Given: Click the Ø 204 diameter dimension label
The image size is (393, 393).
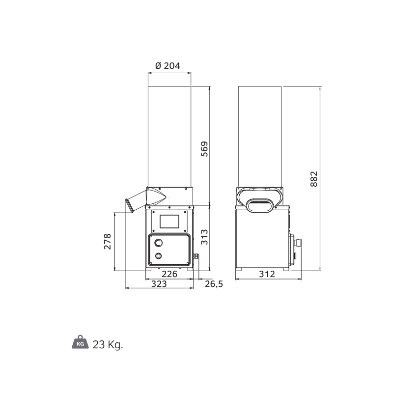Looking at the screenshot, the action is click(x=168, y=66).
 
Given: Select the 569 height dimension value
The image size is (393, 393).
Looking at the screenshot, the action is click(x=204, y=149).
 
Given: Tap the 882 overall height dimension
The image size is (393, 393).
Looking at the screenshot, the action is click(x=314, y=179).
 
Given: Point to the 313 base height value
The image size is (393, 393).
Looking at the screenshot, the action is click(x=204, y=237).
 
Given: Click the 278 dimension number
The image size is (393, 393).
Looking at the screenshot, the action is click(x=108, y=242).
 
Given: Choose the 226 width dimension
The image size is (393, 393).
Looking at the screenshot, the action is click(x=169, y=274).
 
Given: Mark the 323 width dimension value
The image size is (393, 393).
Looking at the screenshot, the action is click(x=159, y=284).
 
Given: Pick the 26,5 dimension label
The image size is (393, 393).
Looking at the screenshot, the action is click(x=214, y=284).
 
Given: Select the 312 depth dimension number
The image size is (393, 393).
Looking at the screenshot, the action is click(x=267, y=274).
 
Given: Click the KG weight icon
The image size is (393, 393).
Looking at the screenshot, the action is click(x=80, y=342).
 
